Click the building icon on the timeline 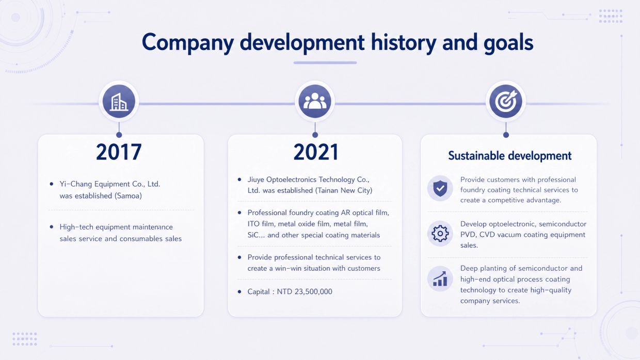tap(119, 102)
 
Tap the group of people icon tap(315, 101)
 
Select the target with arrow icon tap(506, 101)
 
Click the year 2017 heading tap(119, 152)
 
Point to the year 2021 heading tap(316, 152)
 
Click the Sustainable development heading tap(510, 156)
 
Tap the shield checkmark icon tap(440, 188)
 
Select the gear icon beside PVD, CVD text tap(440, 234)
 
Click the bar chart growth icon tap(440, 279)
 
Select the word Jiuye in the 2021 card tap(255, 180)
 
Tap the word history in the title tap(404, 42)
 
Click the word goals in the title tap(508, 43)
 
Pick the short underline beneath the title tap(325, 62)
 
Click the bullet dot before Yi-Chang tap(52, 184)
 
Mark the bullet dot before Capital tap(239, 291)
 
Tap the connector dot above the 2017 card tap(119, 135)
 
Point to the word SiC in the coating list tap(252, 235)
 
